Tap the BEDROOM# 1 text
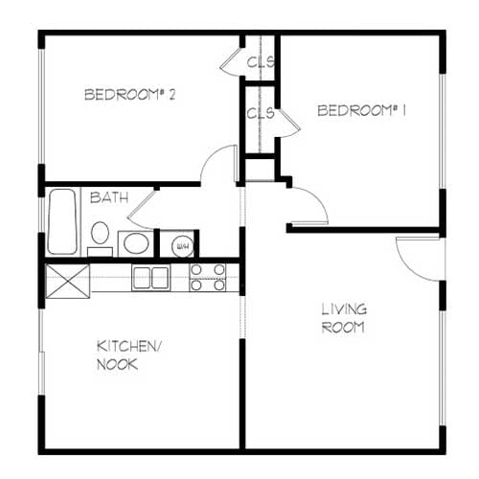(x=362, y=111)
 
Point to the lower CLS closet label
(x=261, y=113)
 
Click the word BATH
(x=108, y=198)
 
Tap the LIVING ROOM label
(x=343, y=317)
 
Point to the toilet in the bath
(x=100, y=236)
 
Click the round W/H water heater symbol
(x=180, y=245)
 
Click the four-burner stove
(x=208, y=277)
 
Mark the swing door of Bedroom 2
(x=220, y=163)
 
